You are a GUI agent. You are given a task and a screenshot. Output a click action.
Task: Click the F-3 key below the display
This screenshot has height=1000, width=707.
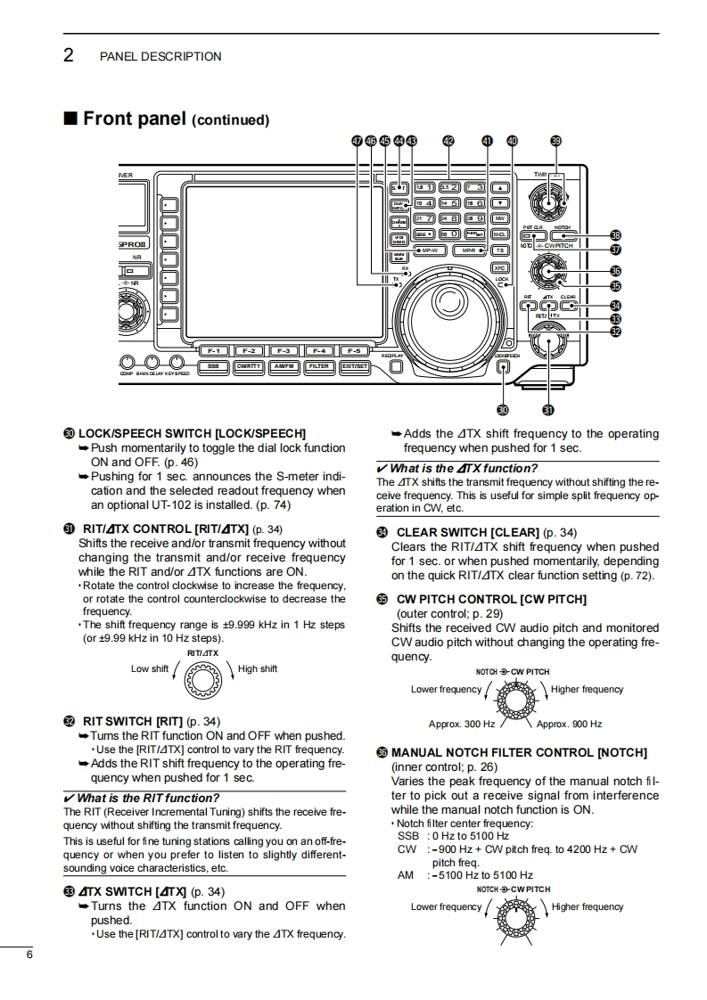tap(285, 351)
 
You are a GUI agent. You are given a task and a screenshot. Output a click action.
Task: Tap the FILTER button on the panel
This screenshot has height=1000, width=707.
tap(318, 365)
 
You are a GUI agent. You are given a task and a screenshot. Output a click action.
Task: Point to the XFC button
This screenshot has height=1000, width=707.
tap(500, 266)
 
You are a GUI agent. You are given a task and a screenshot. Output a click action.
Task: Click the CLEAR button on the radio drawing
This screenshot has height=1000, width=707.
tap(568, 306)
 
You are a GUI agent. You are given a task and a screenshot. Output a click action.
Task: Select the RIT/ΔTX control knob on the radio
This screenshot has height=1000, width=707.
tap(547, 346)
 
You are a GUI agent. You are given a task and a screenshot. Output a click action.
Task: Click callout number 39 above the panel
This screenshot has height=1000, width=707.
tap(556, 141)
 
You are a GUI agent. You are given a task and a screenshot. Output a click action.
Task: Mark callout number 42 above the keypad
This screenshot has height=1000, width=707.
tap(448, 141)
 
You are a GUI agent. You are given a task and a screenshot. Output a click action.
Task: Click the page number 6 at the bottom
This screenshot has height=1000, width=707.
tap(29, 955)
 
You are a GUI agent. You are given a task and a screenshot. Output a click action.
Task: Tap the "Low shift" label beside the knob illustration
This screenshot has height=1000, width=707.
tap(150, 668)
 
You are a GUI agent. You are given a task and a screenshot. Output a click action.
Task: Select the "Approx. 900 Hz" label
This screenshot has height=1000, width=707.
tap(569, 724)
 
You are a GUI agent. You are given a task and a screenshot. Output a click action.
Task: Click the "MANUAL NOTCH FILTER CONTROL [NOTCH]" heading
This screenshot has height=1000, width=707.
tap(519, 752)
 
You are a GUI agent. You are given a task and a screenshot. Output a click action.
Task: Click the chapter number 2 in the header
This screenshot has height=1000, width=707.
tap(68, 55)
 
